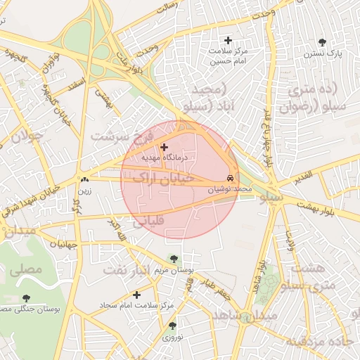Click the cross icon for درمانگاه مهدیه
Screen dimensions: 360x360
click(165, 147)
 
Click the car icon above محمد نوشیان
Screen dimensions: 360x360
click(231, 177)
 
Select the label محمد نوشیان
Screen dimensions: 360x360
click(229, 189)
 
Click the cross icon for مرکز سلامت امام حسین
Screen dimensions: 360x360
click(226, 40)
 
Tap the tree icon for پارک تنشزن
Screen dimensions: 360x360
click(322, 42)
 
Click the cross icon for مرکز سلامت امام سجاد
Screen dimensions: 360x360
click(136, 295)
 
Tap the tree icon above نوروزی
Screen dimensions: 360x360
click(172, 326)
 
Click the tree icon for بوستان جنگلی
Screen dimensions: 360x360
click(27, 299)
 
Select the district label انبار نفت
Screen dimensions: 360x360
click(127, 270)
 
